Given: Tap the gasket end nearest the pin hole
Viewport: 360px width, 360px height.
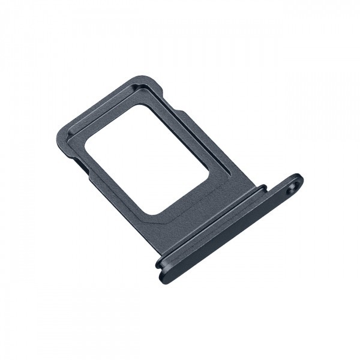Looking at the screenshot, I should [x=264, y=190].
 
